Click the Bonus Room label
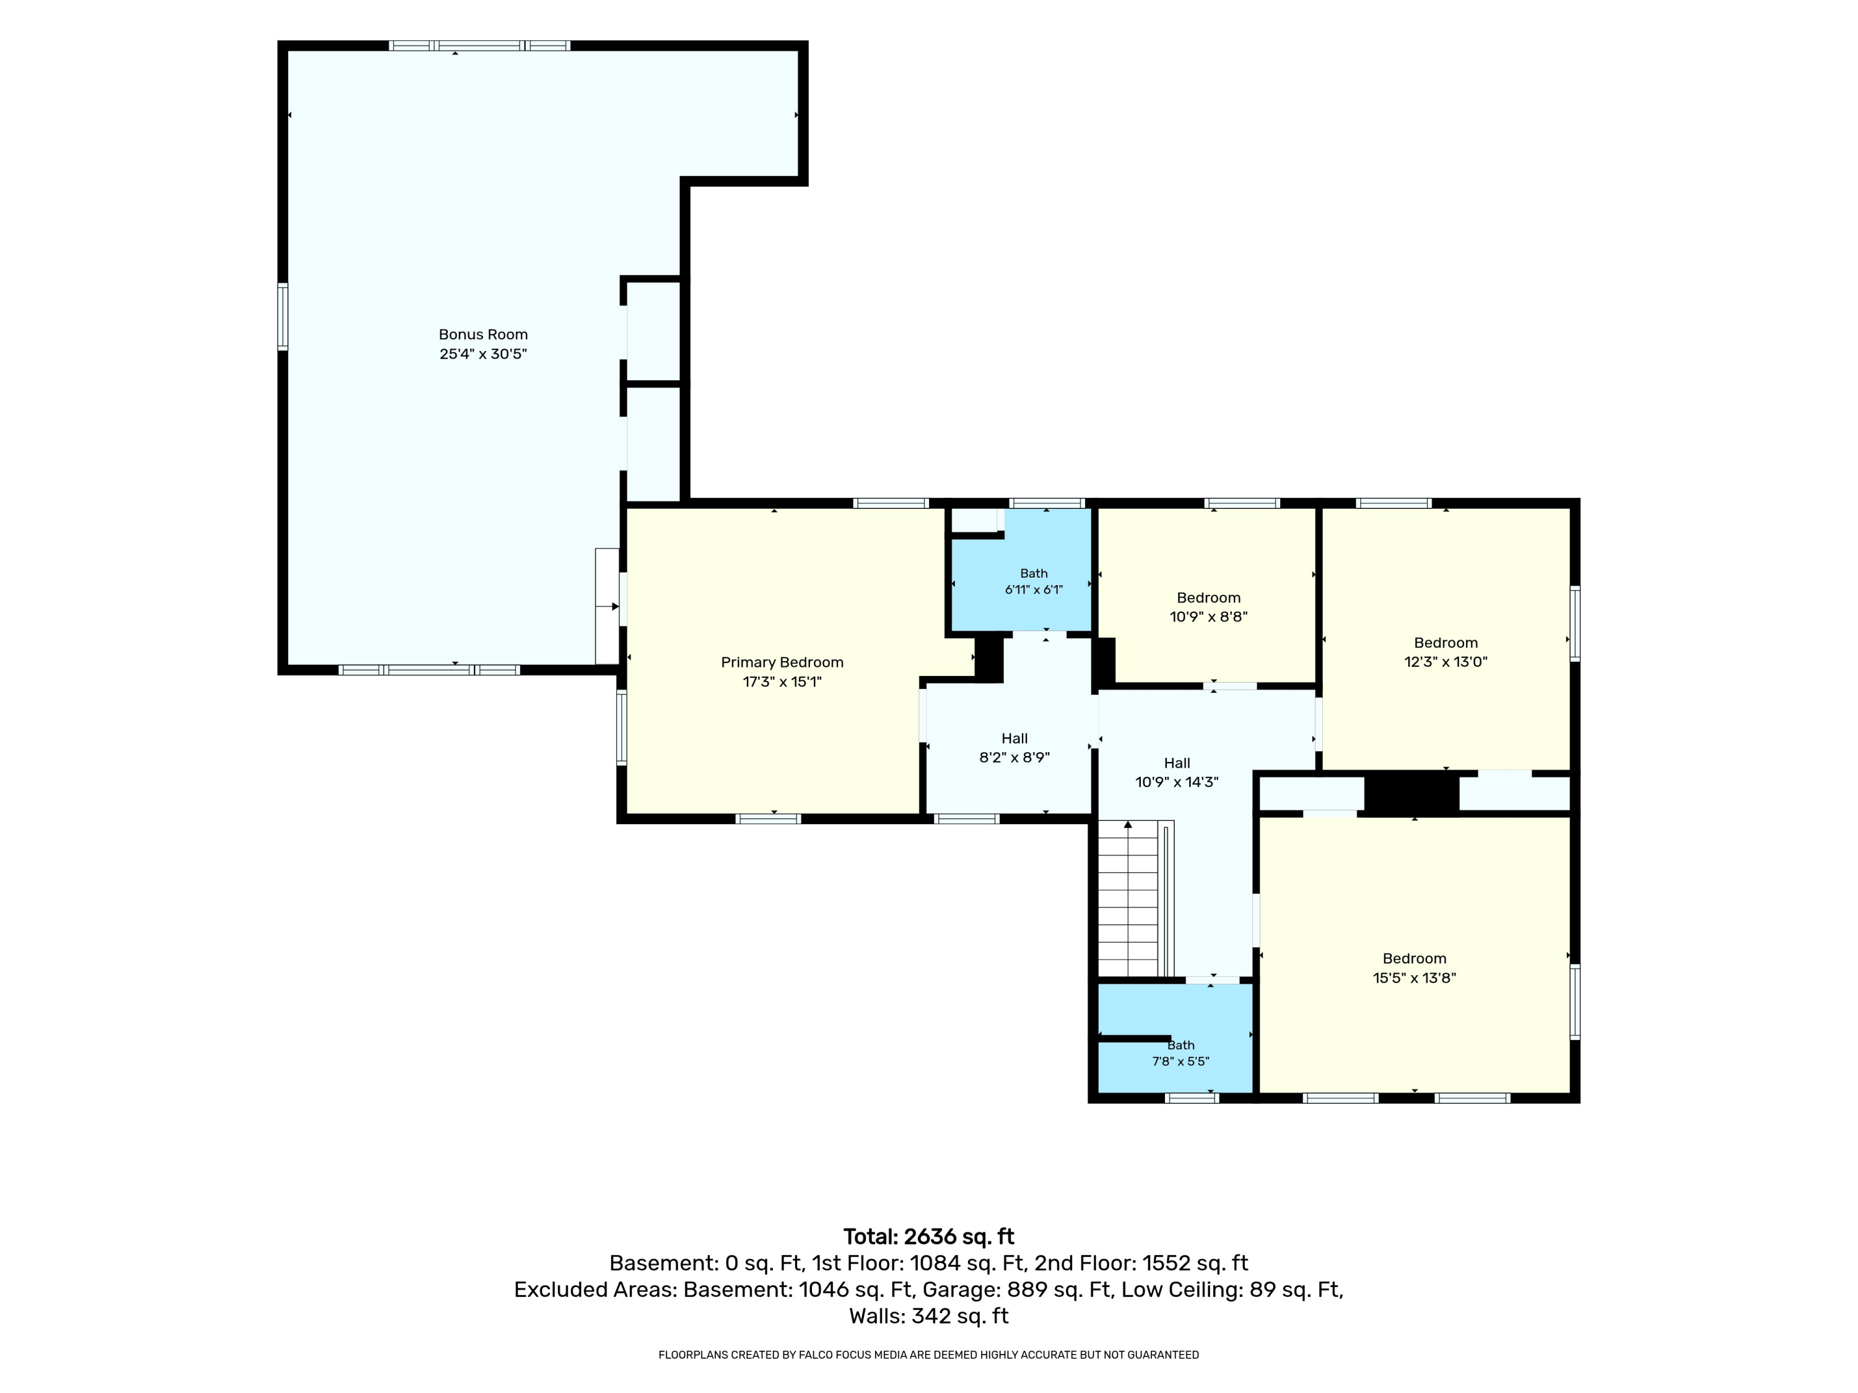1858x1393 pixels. tap(483, 334)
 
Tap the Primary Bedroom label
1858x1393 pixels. tap(782, 662)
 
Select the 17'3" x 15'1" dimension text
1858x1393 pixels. tap(782, 682)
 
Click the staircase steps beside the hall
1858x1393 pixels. tap(1129, 900)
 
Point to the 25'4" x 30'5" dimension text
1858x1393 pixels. tap(483, 354)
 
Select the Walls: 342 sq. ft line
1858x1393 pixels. tap(929, 1316)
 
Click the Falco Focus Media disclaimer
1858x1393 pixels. tap(929, 1355)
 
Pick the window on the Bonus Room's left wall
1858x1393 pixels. tap(283, 316)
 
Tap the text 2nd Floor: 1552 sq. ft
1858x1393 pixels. tap(1141, 1263)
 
